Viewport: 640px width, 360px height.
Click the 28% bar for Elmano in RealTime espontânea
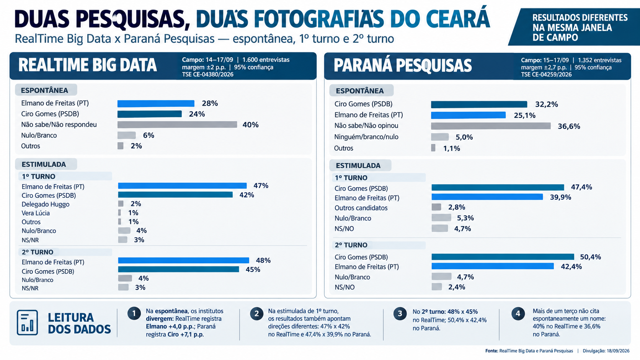click(156, 103)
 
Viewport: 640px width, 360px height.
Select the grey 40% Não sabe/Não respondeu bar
click(177, 124)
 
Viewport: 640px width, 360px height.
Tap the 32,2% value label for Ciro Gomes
click(546, 104)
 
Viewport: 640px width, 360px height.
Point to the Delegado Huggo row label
click(46, 204)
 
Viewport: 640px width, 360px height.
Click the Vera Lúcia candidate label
click(36, 213)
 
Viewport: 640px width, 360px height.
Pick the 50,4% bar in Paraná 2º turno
click(503, 257)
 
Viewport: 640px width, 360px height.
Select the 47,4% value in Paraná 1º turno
click(581, 187)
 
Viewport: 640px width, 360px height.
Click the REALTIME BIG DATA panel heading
click(87, 65)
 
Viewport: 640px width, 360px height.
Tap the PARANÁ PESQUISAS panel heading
click(403, 65)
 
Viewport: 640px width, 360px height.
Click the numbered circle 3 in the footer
click(400, 314)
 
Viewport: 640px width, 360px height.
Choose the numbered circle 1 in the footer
click(134, 314)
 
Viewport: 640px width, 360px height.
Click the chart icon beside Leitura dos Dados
click(28, 322)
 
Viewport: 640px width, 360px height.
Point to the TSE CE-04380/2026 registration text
click(208, 75)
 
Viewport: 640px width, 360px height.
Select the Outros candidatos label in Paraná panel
click(361, 208)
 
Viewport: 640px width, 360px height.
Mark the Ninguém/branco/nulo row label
click(366, 137)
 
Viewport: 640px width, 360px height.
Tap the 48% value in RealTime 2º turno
click(263, 261)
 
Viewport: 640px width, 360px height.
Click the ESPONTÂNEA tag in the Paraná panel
click(360, 91)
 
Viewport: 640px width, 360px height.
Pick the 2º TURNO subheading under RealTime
click(38, 252)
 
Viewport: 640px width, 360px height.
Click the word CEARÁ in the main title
click(458, 19)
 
